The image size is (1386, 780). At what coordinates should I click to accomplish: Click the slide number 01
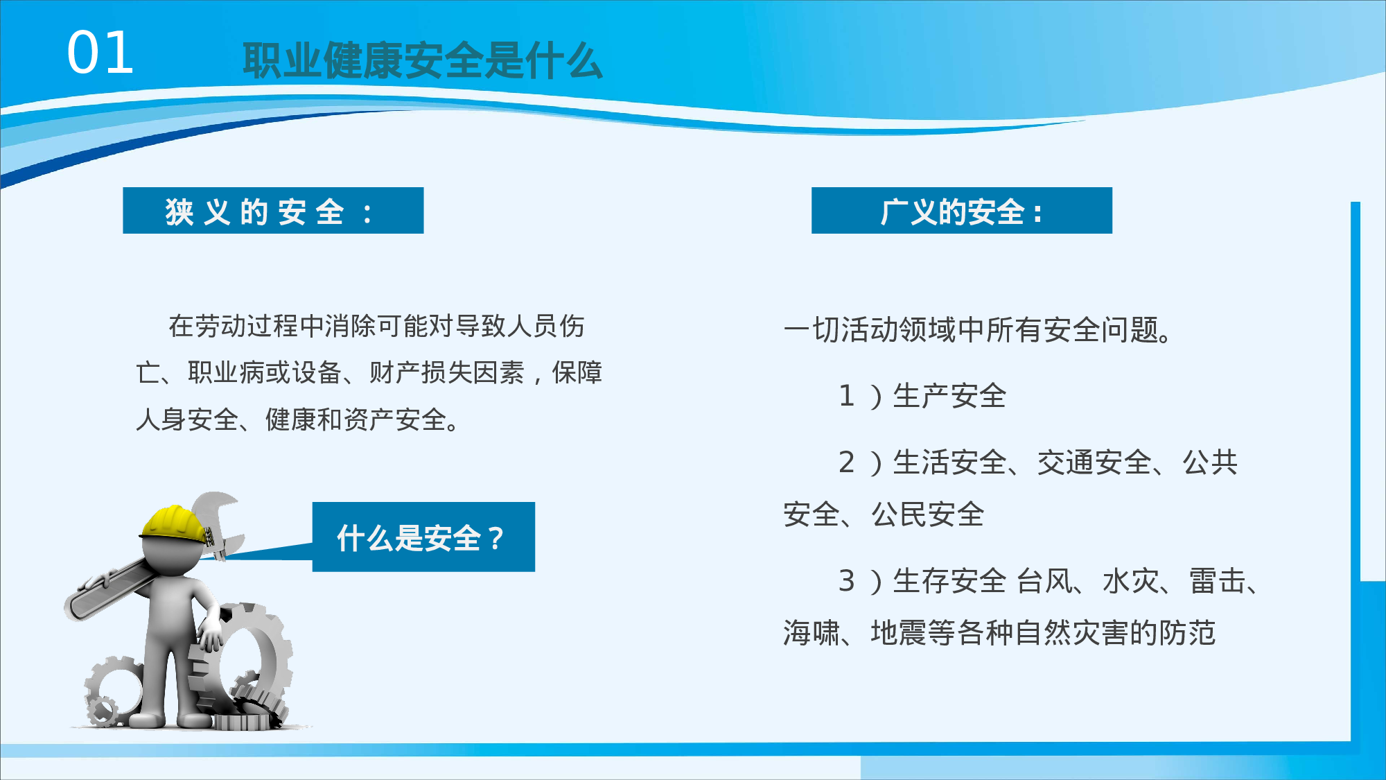point(100,53)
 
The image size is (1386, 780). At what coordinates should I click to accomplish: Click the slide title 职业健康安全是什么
point(422,61)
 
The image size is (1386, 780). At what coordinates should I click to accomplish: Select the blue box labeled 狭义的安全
point(273,211)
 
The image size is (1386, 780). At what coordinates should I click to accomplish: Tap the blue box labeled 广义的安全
point(961,211)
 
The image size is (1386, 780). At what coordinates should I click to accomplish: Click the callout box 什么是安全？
point(423,537)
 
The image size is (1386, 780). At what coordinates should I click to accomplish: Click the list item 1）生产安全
point(922,396)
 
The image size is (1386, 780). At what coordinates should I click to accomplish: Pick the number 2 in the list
point(846,462)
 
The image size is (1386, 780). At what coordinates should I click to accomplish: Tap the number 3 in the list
point(846,581)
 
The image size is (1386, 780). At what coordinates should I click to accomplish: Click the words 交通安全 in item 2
point(1094,462)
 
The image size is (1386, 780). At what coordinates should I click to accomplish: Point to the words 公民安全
point(927,514)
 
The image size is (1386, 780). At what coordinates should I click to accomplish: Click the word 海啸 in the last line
point(812,633)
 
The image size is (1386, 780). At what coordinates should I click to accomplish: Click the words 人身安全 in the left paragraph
point(187,419)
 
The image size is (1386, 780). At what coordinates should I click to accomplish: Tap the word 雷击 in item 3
point(1218,581)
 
